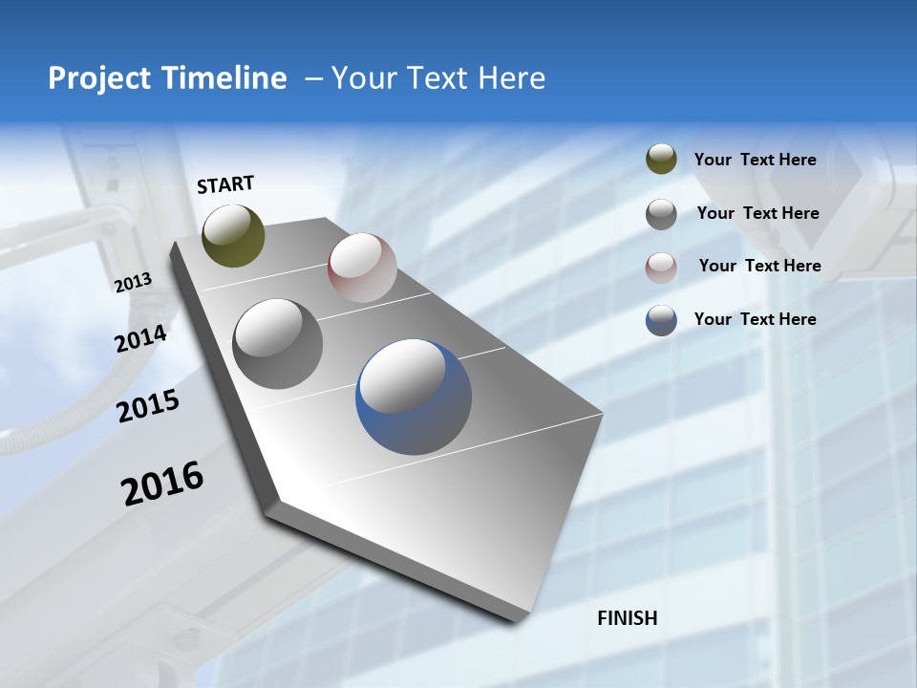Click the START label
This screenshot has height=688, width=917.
tap(225, 184)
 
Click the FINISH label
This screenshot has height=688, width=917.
tap(628, 618)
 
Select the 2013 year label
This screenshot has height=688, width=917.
tap(133, 282)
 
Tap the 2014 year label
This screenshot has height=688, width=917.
tap(140, 339)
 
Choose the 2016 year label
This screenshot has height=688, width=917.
tap(162, 484)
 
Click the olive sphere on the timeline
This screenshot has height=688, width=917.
tap(233, 235)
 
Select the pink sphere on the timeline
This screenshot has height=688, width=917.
tap(362, 268)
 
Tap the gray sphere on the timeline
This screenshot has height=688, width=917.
tap(278, 344)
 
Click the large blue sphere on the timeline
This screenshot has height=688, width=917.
tap(414, 398)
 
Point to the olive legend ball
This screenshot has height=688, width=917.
tap(661, 160)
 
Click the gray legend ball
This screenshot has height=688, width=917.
tap(661, 214)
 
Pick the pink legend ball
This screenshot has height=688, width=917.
tap(661, 268)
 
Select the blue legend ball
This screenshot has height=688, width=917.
tap(661, 320)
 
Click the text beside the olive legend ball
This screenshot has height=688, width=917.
tap(755, 160)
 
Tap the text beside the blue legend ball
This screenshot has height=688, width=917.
tap(755, 319)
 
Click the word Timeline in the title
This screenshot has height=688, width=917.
tap(224, 78)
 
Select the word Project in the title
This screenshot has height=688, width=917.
tap(98, 78)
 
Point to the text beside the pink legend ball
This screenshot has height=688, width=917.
tap(759, 266)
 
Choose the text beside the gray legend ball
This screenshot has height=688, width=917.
tap(757, 213)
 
